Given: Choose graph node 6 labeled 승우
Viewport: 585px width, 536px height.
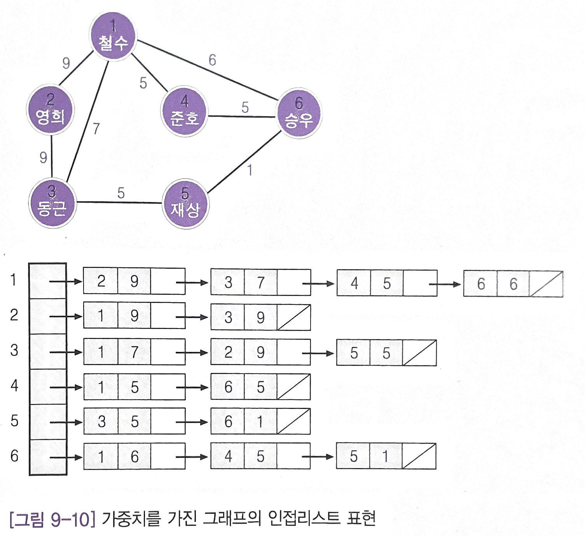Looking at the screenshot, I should pyautogui.click(x=299, y=113).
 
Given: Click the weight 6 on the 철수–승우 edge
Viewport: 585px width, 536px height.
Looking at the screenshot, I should pyautogui.click(x=212, y=60).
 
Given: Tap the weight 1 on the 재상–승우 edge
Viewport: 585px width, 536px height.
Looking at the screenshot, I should pyautogui.click(x=250, y=170).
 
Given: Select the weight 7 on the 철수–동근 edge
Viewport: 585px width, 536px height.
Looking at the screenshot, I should pyautogui.click(x=96, y=128).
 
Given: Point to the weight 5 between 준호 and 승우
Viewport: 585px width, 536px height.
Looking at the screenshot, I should pyautogui.click(x=245, y=107).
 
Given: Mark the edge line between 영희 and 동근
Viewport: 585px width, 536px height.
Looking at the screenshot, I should pyautogui.click(x=52, y=155).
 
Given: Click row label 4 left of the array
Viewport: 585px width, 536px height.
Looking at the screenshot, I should pyautogui.click(x=14, y=385).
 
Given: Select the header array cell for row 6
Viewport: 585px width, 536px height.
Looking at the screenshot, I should pyautogui.click(x=47, y=457).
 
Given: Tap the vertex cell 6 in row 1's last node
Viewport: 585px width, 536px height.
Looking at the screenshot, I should pyautogui.click(x=481, y=284).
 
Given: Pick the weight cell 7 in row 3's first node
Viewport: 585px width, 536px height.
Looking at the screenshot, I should pyautogui.click(x=134, y=352).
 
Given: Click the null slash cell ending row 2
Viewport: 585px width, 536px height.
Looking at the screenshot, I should pyautogui.click(x=294, y=317).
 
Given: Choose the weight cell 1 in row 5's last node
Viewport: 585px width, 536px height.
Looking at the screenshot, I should pyautogui.click(x=260, y=421).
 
